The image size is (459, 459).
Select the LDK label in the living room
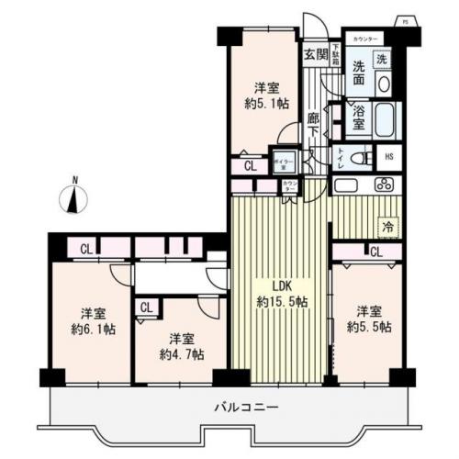coord(276,284)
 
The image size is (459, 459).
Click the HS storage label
coord(388,158)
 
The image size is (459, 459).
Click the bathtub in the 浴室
coord(380,118)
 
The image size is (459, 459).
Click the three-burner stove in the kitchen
coord(382,184)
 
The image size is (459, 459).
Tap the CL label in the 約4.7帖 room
coord(146,308)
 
